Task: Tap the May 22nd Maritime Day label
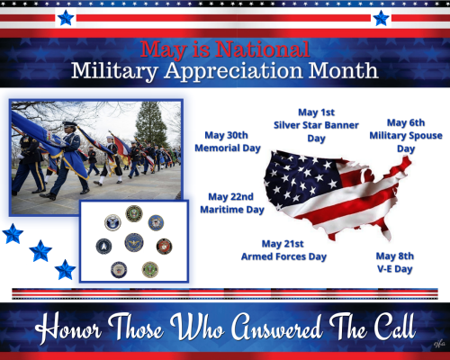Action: coord(236,202)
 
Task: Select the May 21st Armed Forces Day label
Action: coord(294,249)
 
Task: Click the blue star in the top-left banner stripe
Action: coord(65,17)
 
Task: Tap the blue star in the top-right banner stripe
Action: coord(381,17)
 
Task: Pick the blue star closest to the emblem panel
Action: coord(65,269)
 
